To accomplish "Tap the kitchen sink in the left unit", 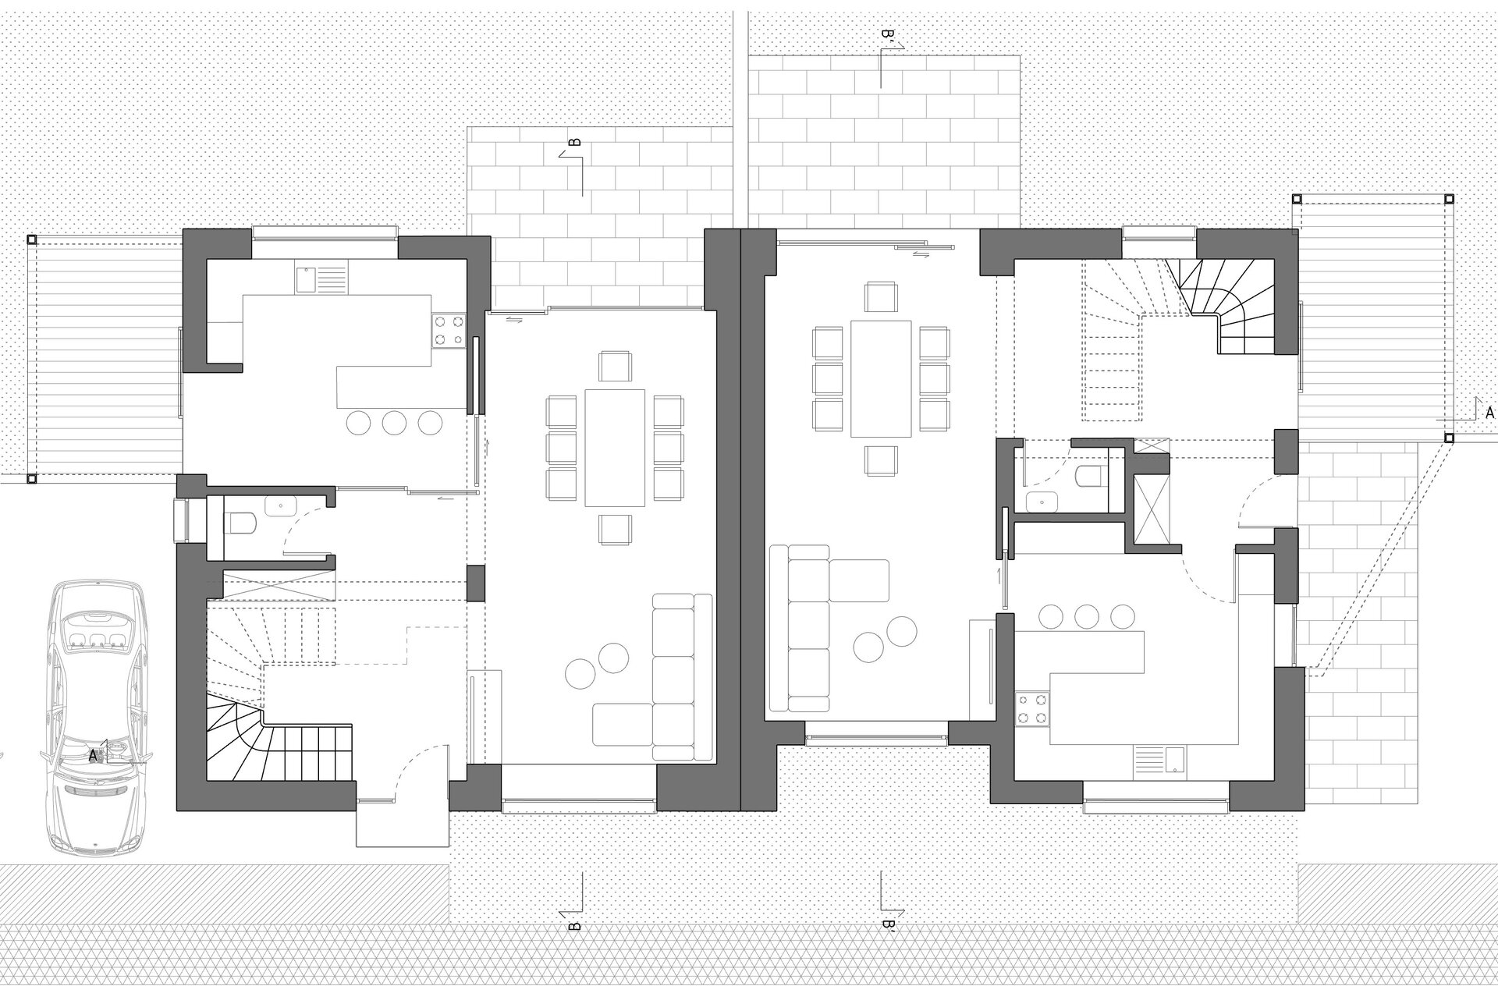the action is point(321,278).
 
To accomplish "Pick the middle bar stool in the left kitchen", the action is point(395,422).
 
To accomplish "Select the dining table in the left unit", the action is point(615,447).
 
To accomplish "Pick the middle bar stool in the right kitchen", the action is point(1087,616).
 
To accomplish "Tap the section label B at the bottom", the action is point(574,926).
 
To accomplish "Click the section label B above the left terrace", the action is point(574,143).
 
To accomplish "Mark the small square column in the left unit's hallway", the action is point(476,583).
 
